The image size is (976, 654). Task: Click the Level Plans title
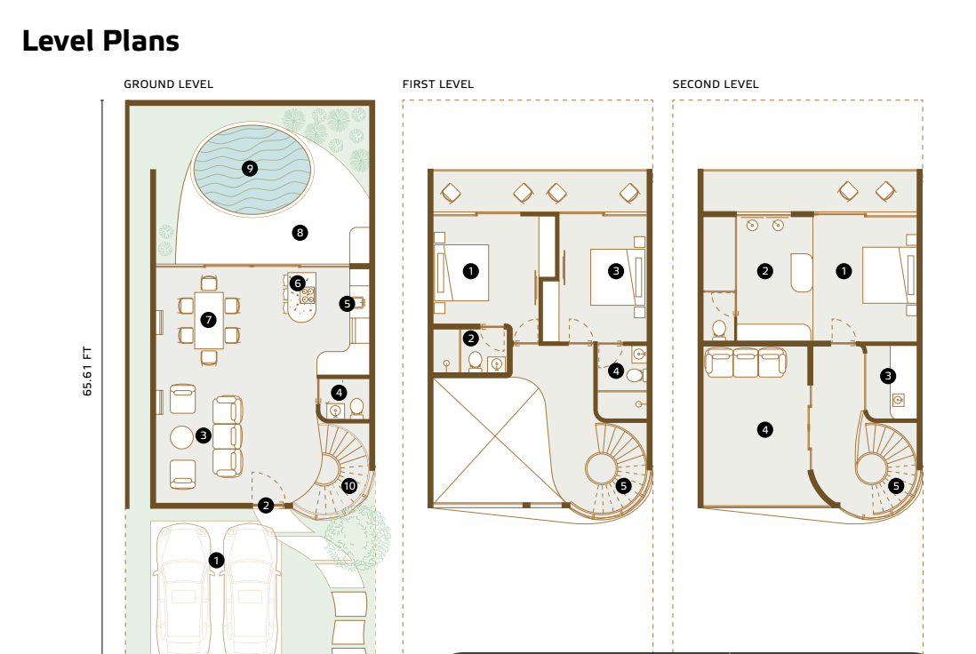[x=100, y=41]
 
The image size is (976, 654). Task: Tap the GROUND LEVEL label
[x=168, y=84]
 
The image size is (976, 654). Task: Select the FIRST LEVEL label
[x=437, y=84]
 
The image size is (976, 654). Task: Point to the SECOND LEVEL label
[x=716, y=84]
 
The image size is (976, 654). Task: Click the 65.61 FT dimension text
[x=87, y=371]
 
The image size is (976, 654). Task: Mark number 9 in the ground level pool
[x=250, y=169]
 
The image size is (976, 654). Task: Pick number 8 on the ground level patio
[x=300, y=233]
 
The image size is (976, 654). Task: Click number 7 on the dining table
[x=209, y=320]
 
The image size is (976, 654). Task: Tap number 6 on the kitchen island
[x=298, y=283]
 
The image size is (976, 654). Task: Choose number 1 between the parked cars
[x=216, y=560]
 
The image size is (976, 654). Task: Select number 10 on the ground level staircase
[x=349, y=486]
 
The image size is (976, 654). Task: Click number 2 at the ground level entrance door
[x=266, y=506]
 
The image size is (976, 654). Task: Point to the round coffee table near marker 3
[x=181, y=437]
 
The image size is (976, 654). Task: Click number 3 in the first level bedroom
[x=616, y=271]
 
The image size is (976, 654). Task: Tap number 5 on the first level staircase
[x=623, y=486]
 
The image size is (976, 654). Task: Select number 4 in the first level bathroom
[x=616, y=371]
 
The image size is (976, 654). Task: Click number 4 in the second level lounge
[x=765, y=429]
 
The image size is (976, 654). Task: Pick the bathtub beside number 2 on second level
[x=802, y=273]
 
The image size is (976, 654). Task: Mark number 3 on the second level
[x=888, y=375]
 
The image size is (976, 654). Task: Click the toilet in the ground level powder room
[x=356, y=408]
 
